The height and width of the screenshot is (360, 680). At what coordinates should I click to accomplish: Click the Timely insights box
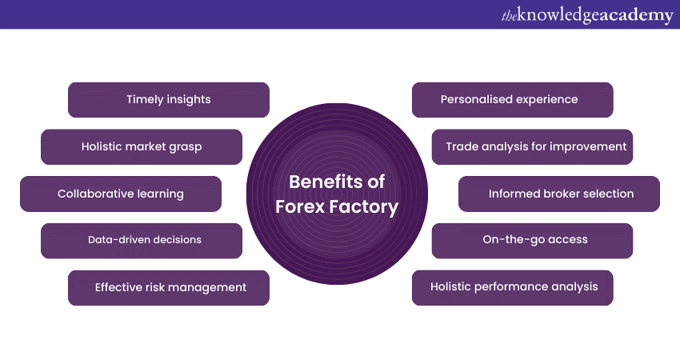point(169,100)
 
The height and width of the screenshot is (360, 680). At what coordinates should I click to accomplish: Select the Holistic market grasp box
point(142,146)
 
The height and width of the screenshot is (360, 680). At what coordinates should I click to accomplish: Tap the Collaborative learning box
point(121,194)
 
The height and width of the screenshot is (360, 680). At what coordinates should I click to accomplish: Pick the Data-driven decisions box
point(142,240)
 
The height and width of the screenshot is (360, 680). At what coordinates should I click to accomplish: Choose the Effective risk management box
point(169,287)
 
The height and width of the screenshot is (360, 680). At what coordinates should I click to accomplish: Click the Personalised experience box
point(512,100)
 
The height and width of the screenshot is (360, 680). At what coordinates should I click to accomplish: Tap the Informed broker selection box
point(559,194)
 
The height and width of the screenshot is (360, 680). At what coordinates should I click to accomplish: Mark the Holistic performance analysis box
point(512,287)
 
